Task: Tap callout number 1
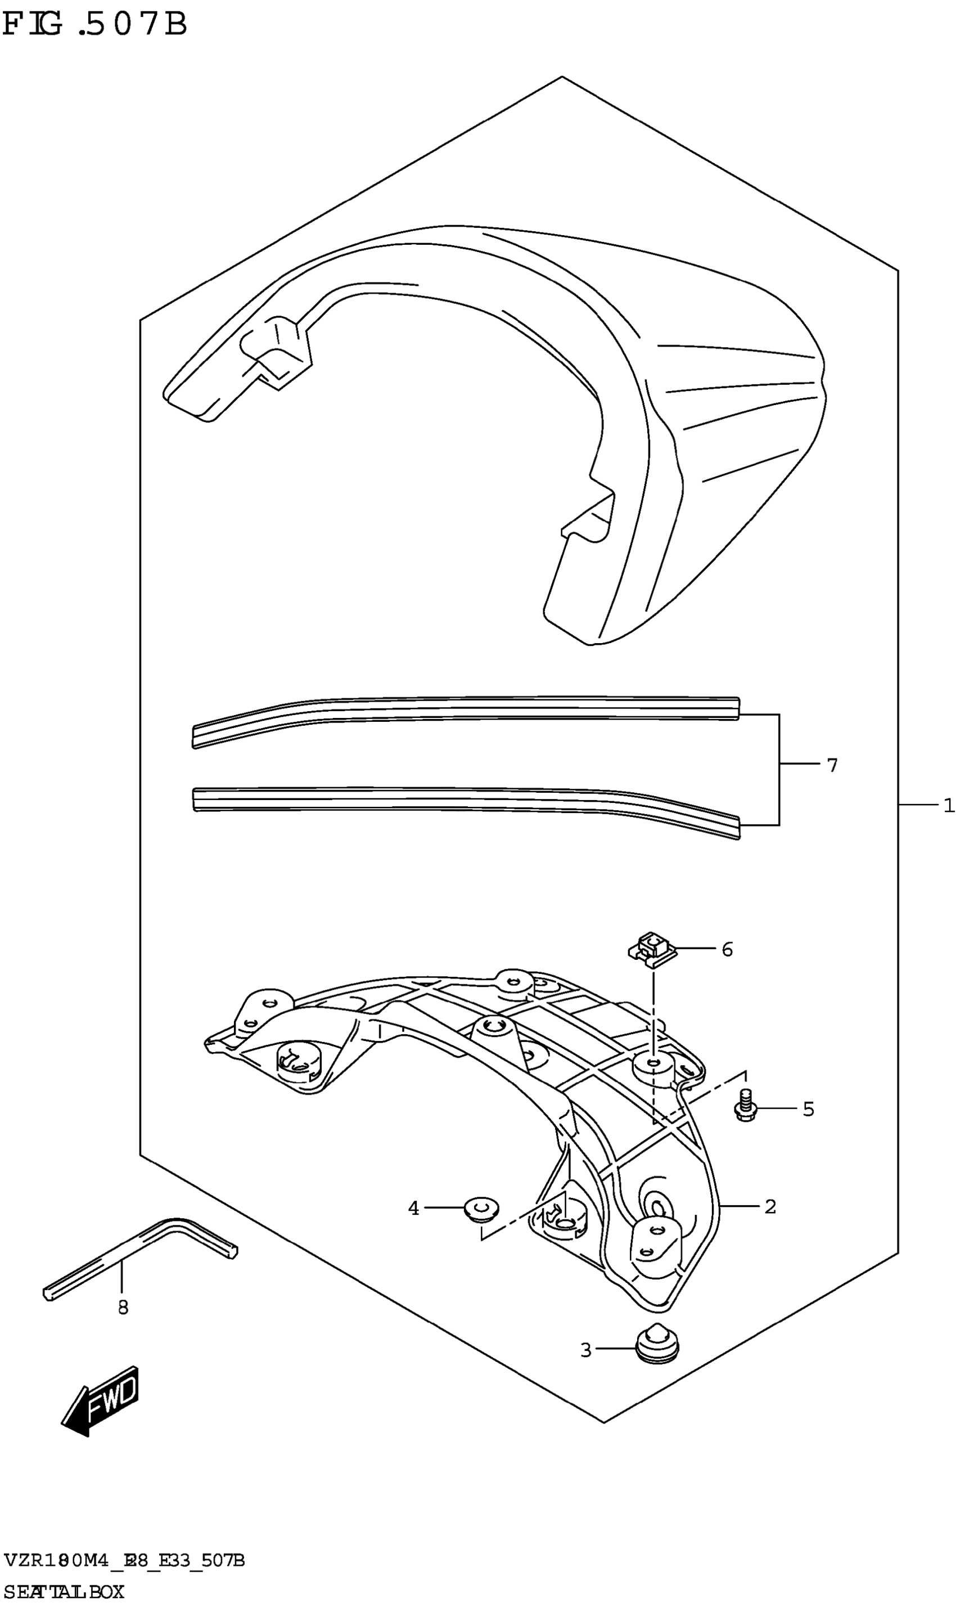[948, 805]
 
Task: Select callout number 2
[770, 1206]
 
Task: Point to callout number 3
[585, 1350]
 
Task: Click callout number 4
[413, 1208]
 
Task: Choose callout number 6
[727, 949]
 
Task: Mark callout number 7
[832, 765]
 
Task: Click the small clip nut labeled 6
[652, 949]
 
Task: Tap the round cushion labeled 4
[482, 1208]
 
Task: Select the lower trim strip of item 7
[464, 801]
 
